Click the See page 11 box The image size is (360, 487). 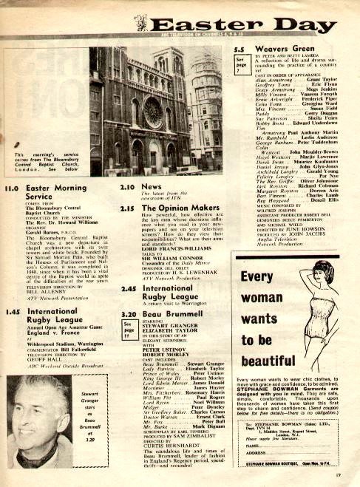pos(127,329)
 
